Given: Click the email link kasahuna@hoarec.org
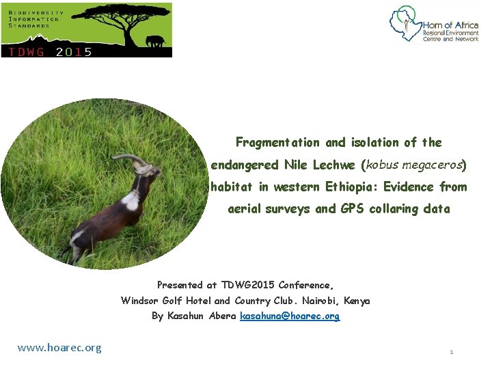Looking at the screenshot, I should pos(290,316).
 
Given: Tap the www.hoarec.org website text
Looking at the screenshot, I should pos(59,348).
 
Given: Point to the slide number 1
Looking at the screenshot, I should pos(451,352).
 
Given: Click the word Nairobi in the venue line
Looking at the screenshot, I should pos(320,301).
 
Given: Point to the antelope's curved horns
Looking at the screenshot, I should pos(131,159).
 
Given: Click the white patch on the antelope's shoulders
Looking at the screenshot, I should pos(130,200).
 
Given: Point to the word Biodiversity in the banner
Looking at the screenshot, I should pos(37,12).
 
